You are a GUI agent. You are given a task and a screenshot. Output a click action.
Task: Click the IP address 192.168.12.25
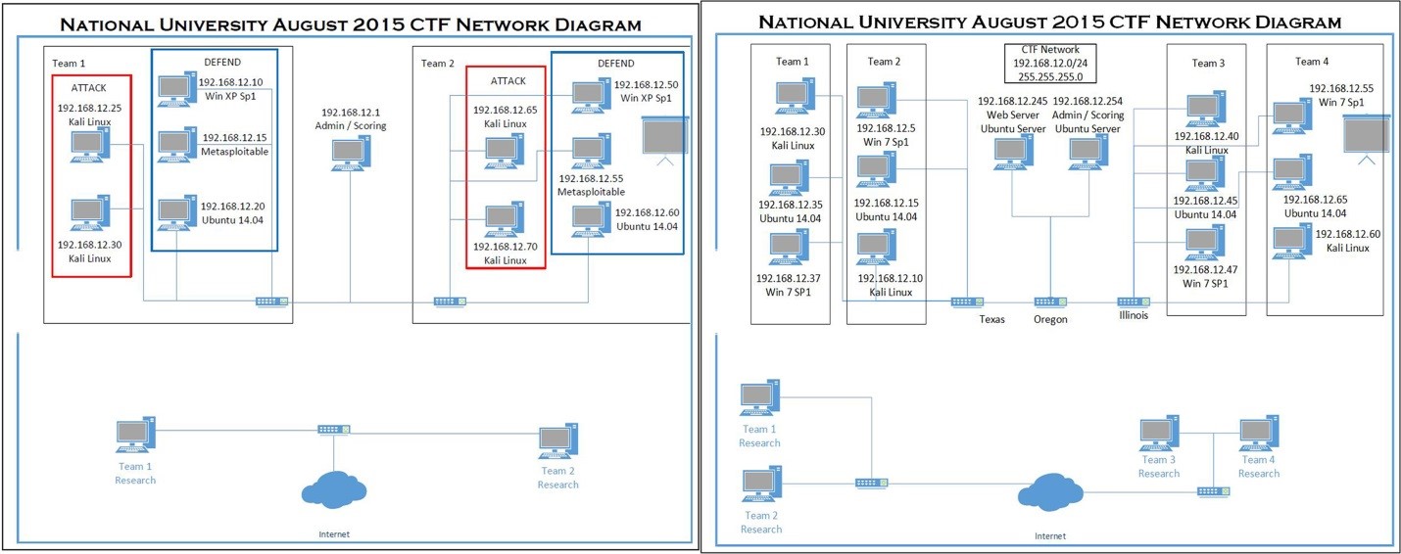89,108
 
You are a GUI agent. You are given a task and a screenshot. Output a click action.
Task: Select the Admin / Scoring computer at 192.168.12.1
350,155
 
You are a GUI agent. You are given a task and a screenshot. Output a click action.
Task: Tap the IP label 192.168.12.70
506,247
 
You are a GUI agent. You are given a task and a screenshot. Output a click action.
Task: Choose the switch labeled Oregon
1050,302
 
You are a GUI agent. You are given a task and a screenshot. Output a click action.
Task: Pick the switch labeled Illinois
1134,302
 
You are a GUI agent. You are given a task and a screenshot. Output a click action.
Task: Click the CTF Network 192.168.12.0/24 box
1050,64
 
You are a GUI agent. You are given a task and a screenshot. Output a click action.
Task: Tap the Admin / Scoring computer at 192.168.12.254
1086,153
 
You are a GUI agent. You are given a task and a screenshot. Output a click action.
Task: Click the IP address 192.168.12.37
789,278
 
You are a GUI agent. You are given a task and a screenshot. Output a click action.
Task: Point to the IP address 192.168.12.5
886,127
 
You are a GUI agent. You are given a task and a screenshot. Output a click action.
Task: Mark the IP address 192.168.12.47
1204,269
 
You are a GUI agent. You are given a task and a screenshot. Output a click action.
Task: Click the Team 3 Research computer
1159,433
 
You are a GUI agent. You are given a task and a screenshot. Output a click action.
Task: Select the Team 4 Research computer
1258,433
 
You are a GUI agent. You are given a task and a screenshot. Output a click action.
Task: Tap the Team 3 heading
1208,64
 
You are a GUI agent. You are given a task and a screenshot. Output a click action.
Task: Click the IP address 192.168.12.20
233,207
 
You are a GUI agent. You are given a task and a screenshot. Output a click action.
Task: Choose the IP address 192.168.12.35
789,205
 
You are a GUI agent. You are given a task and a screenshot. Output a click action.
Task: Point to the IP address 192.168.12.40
1206,137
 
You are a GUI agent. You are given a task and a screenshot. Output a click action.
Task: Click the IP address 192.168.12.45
1204,201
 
